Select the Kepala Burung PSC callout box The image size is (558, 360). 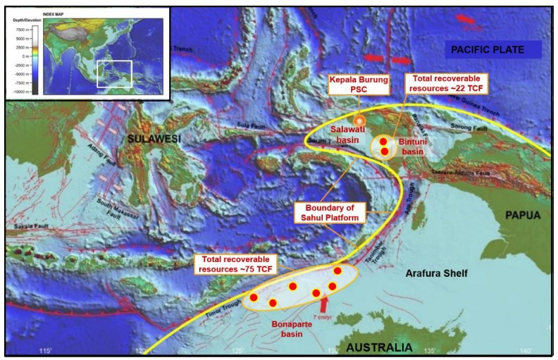point(358,86)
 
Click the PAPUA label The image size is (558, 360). point(523,216)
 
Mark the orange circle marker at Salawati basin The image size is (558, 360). point(359,120)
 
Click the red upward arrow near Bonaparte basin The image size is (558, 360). point(324,305)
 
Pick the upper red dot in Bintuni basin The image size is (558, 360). point(383,142)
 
